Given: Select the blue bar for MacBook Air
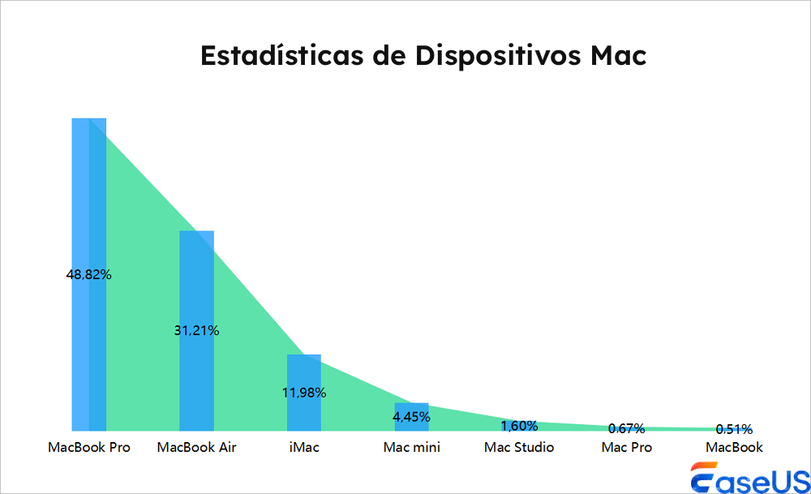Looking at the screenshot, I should click(196, 284).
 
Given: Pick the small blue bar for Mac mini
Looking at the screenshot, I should click(411, 409).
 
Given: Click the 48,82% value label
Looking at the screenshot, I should click(89, 275).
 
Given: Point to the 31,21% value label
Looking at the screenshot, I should click(196, 331).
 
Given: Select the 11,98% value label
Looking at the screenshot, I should click(304, 393).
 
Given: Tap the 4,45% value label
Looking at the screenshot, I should click(411, 417).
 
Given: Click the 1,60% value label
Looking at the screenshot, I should click(519, 426).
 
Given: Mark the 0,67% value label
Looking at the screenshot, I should click(626, 428).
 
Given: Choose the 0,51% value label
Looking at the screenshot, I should click(734, 429).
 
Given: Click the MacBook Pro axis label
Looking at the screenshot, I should click(89, 447).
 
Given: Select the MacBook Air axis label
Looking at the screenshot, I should click(196, 447).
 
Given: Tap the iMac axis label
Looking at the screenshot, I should click(304, 447).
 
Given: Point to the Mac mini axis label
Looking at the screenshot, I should click(411, 447).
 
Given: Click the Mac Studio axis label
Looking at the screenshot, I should click(519, 447).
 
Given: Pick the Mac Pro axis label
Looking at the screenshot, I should click(626, 447).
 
